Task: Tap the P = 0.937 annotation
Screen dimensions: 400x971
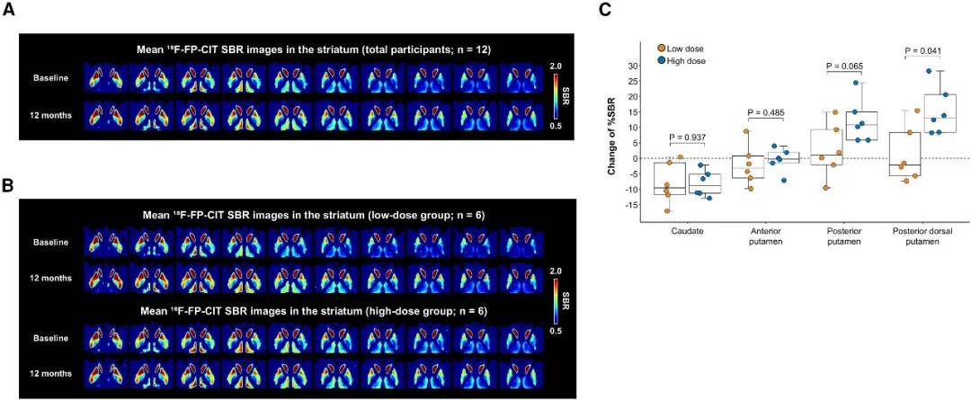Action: click(x=688, y=138)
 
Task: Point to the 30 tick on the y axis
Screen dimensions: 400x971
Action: click(x=632, y=66)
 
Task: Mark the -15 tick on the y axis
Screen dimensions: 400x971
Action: click(x=631, y=204)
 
